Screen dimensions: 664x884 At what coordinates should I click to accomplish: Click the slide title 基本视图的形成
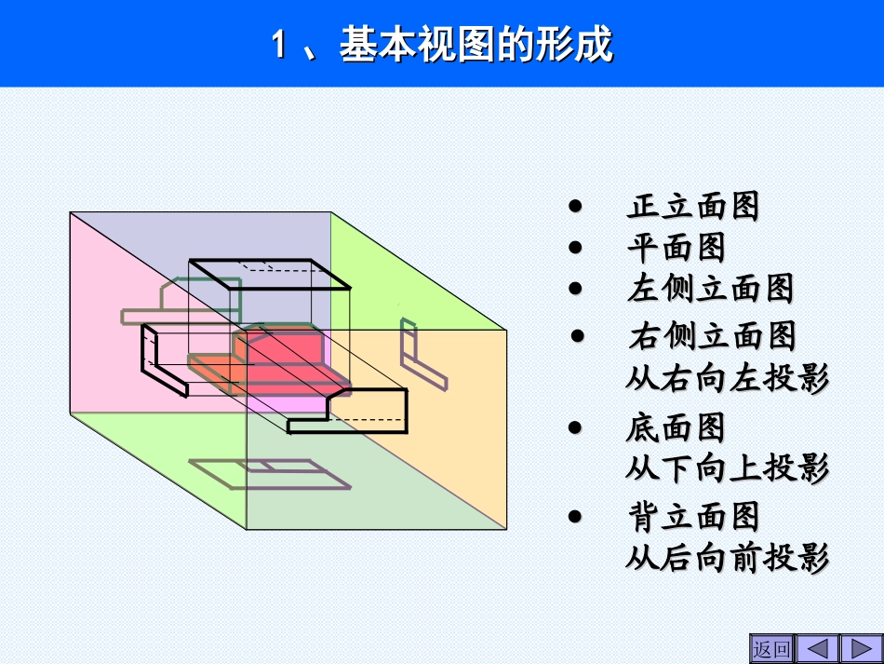442,44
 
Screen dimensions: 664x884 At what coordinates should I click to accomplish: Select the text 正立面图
693,206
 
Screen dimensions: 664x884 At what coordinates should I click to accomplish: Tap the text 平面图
676,248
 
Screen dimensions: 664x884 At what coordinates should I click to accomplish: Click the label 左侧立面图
710,289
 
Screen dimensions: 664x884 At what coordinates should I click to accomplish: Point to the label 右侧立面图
712,335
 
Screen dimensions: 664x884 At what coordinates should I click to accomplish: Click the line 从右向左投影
727,378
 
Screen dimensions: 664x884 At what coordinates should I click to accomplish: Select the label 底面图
676,428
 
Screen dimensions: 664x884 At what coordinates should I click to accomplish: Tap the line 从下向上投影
727,468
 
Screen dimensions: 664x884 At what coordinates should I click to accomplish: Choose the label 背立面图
693,517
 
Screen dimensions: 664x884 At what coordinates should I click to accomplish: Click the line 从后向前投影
727,558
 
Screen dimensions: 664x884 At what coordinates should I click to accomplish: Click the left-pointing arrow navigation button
817,648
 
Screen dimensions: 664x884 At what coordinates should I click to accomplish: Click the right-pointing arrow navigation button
860,648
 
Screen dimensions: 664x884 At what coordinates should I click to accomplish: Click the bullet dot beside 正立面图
576,207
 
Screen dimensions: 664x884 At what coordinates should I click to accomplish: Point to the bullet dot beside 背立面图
576,517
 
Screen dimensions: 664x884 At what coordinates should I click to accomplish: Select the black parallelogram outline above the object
270,275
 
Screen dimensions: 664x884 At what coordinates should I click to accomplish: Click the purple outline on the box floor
270,473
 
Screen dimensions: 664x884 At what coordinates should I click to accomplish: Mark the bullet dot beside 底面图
576,428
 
